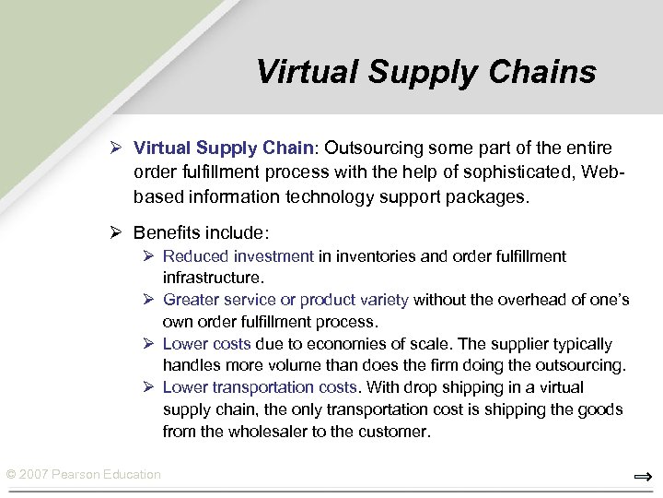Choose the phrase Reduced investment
click(238, 256)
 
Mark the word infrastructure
click(212, 277)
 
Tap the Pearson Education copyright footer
click(83, 475)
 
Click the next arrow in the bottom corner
click(643, 477)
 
